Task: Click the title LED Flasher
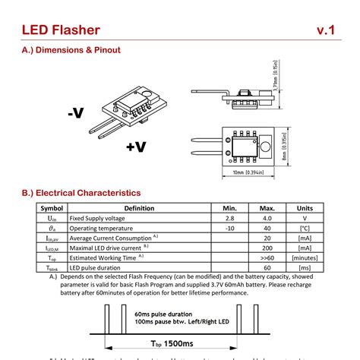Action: [x=60, y=30]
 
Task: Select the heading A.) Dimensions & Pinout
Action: [x=71, y=50]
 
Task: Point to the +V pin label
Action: [x=136, y=147]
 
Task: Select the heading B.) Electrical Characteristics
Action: [x=81, y=194]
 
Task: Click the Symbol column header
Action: [x=52, y=207]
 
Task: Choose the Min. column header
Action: [x=229, y=207]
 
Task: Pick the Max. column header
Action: [x=267, y=207]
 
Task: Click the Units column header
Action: [x=305, y=207]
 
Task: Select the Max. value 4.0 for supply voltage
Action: [x=267, y=217]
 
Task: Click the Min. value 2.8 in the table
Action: [x=229, y=217]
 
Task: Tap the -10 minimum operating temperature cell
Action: [x=229, y=227]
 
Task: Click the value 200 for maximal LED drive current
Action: [x=267, y=247]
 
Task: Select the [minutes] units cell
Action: [x=305, y=257]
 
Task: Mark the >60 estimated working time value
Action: [x=267, y=257]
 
